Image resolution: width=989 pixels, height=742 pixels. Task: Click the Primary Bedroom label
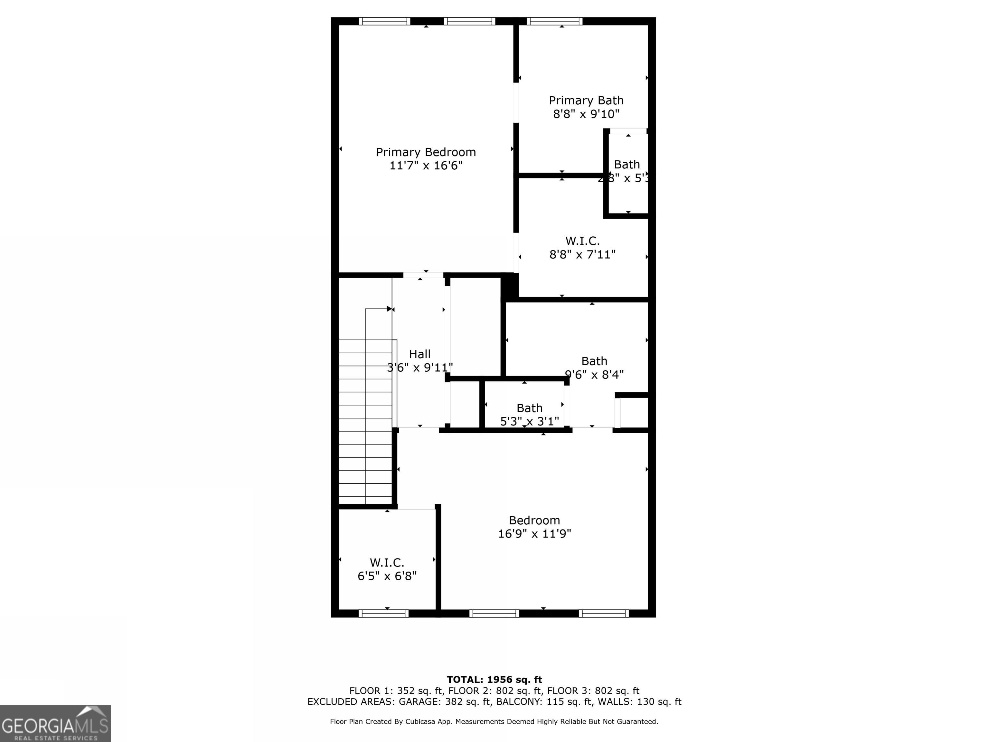(x=426, y=152)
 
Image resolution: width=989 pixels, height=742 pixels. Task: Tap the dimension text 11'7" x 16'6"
(x=426, y=166)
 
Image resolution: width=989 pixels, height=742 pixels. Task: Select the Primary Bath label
(x=586, y=100)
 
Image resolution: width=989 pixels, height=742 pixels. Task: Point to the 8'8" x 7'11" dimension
(x=582, y=254)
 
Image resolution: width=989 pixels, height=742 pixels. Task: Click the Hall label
(x=419, y=354)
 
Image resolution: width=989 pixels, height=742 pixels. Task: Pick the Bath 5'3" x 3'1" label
(x=529, y=408)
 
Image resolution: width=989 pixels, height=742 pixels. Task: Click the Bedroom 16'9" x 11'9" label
(x=534, y=521)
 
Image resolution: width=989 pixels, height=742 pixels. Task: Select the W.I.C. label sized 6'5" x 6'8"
(x=387, y=563)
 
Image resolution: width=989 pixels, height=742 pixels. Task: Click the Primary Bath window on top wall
(x=554, y=21)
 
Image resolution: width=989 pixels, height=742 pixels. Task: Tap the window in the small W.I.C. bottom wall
(x=383, y=614)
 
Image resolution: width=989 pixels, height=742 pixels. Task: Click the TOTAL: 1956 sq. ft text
(x=494, y=680)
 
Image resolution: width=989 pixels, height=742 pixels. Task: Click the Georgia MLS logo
(x=55, y=723)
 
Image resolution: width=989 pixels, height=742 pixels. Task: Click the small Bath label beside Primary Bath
(x=626, y=165)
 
